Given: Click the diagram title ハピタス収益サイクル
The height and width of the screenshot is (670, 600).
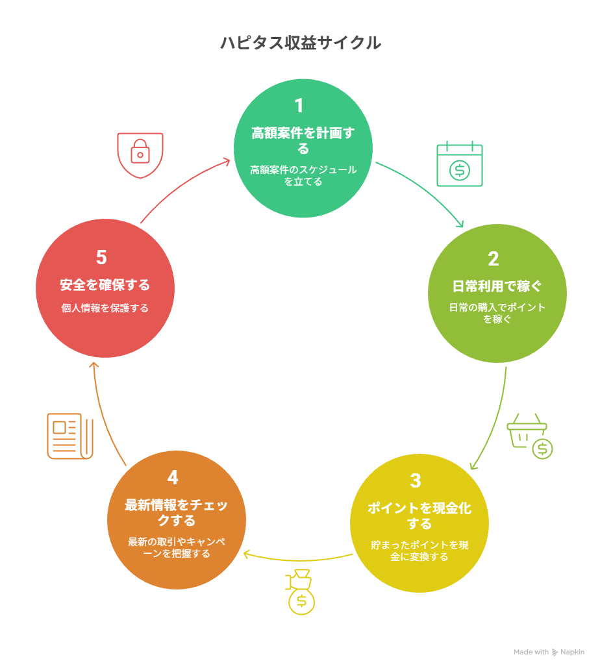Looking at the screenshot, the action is point(301,43).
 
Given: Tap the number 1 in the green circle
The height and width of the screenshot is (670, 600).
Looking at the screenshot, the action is point(299,106).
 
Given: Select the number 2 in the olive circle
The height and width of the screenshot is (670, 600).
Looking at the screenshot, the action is point(493,258).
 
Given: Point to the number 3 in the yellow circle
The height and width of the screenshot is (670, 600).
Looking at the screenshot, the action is point(416,480).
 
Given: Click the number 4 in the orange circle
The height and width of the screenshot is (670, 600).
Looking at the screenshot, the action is point(173,477).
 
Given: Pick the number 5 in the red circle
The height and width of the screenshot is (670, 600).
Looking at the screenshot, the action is point(101,257).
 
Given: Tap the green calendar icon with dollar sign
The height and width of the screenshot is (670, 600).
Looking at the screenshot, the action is point(459,164).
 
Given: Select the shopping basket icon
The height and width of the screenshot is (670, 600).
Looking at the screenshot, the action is point(530,436).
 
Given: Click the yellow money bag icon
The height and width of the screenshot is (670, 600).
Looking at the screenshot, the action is point(301,592).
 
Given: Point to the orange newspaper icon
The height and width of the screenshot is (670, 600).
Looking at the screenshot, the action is point(70,436).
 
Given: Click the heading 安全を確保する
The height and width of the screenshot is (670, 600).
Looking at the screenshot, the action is point(105,285).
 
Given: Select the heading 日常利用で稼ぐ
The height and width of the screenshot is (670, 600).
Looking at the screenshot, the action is point(497,286).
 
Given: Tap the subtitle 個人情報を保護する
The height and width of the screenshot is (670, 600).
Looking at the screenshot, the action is point(105,308).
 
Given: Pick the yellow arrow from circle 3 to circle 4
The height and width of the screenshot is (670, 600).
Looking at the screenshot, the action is point(298,560).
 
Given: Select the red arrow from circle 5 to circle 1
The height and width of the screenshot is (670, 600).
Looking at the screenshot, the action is point(181,184).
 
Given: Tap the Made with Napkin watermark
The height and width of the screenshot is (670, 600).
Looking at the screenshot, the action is point(549,652).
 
